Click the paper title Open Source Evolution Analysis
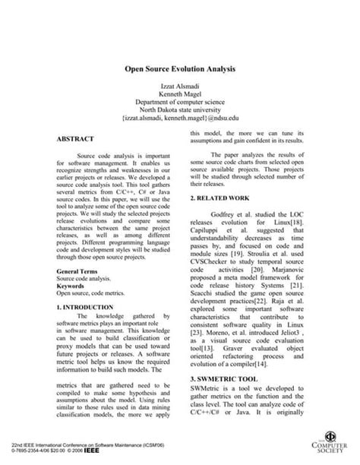(x=179, y=67)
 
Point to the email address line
(x=180, y=118)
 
